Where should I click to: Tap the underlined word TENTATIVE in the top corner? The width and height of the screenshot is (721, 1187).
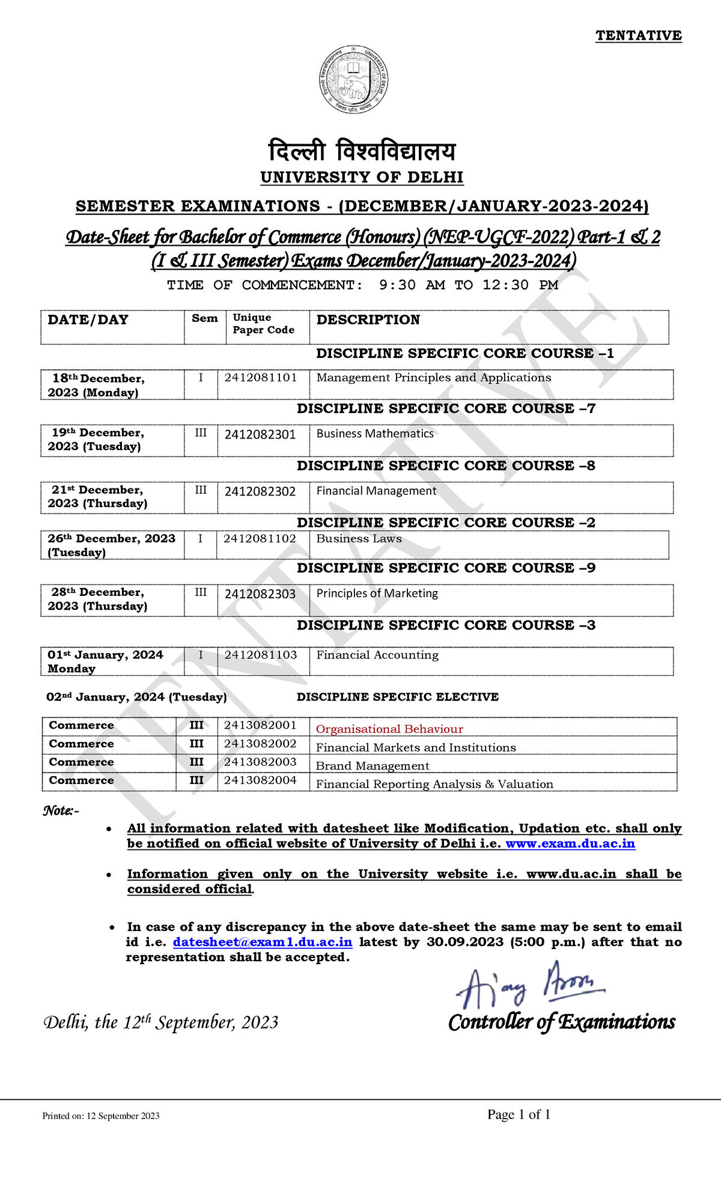(638, 35)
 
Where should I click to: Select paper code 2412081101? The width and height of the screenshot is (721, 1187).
(261, 378)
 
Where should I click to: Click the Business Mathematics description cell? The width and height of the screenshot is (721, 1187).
(375, 434)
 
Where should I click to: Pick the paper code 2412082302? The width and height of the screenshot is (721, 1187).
(260, 491)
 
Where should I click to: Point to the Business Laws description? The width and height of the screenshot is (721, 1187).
(359, 539)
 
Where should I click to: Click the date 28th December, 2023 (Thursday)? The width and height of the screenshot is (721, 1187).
(97, 599)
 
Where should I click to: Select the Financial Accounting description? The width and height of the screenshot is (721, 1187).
(377, 655)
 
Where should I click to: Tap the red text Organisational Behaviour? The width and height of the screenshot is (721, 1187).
(389, 729)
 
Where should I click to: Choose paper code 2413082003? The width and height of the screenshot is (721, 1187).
(260, 762)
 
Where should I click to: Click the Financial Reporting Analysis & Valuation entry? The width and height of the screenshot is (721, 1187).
(434, 785)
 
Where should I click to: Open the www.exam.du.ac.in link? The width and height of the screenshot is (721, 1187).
(570, 843)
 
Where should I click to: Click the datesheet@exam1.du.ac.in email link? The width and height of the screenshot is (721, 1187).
(263, 942)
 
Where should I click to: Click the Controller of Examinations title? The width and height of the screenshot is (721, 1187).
(562, 1022)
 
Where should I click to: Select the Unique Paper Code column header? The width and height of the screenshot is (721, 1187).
(263, 324)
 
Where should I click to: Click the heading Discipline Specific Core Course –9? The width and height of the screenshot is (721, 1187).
(446, 568)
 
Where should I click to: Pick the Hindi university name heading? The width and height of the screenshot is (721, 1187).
(362, 151)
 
